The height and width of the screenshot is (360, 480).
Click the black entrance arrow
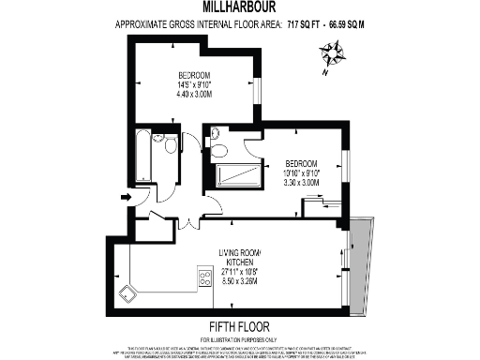tap(125, 197)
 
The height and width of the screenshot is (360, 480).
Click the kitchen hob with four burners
tap(204, 277)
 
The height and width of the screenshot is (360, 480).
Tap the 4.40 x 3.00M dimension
tap(194, 93)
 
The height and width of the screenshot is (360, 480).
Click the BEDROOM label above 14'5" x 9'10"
tap(194, 75)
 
